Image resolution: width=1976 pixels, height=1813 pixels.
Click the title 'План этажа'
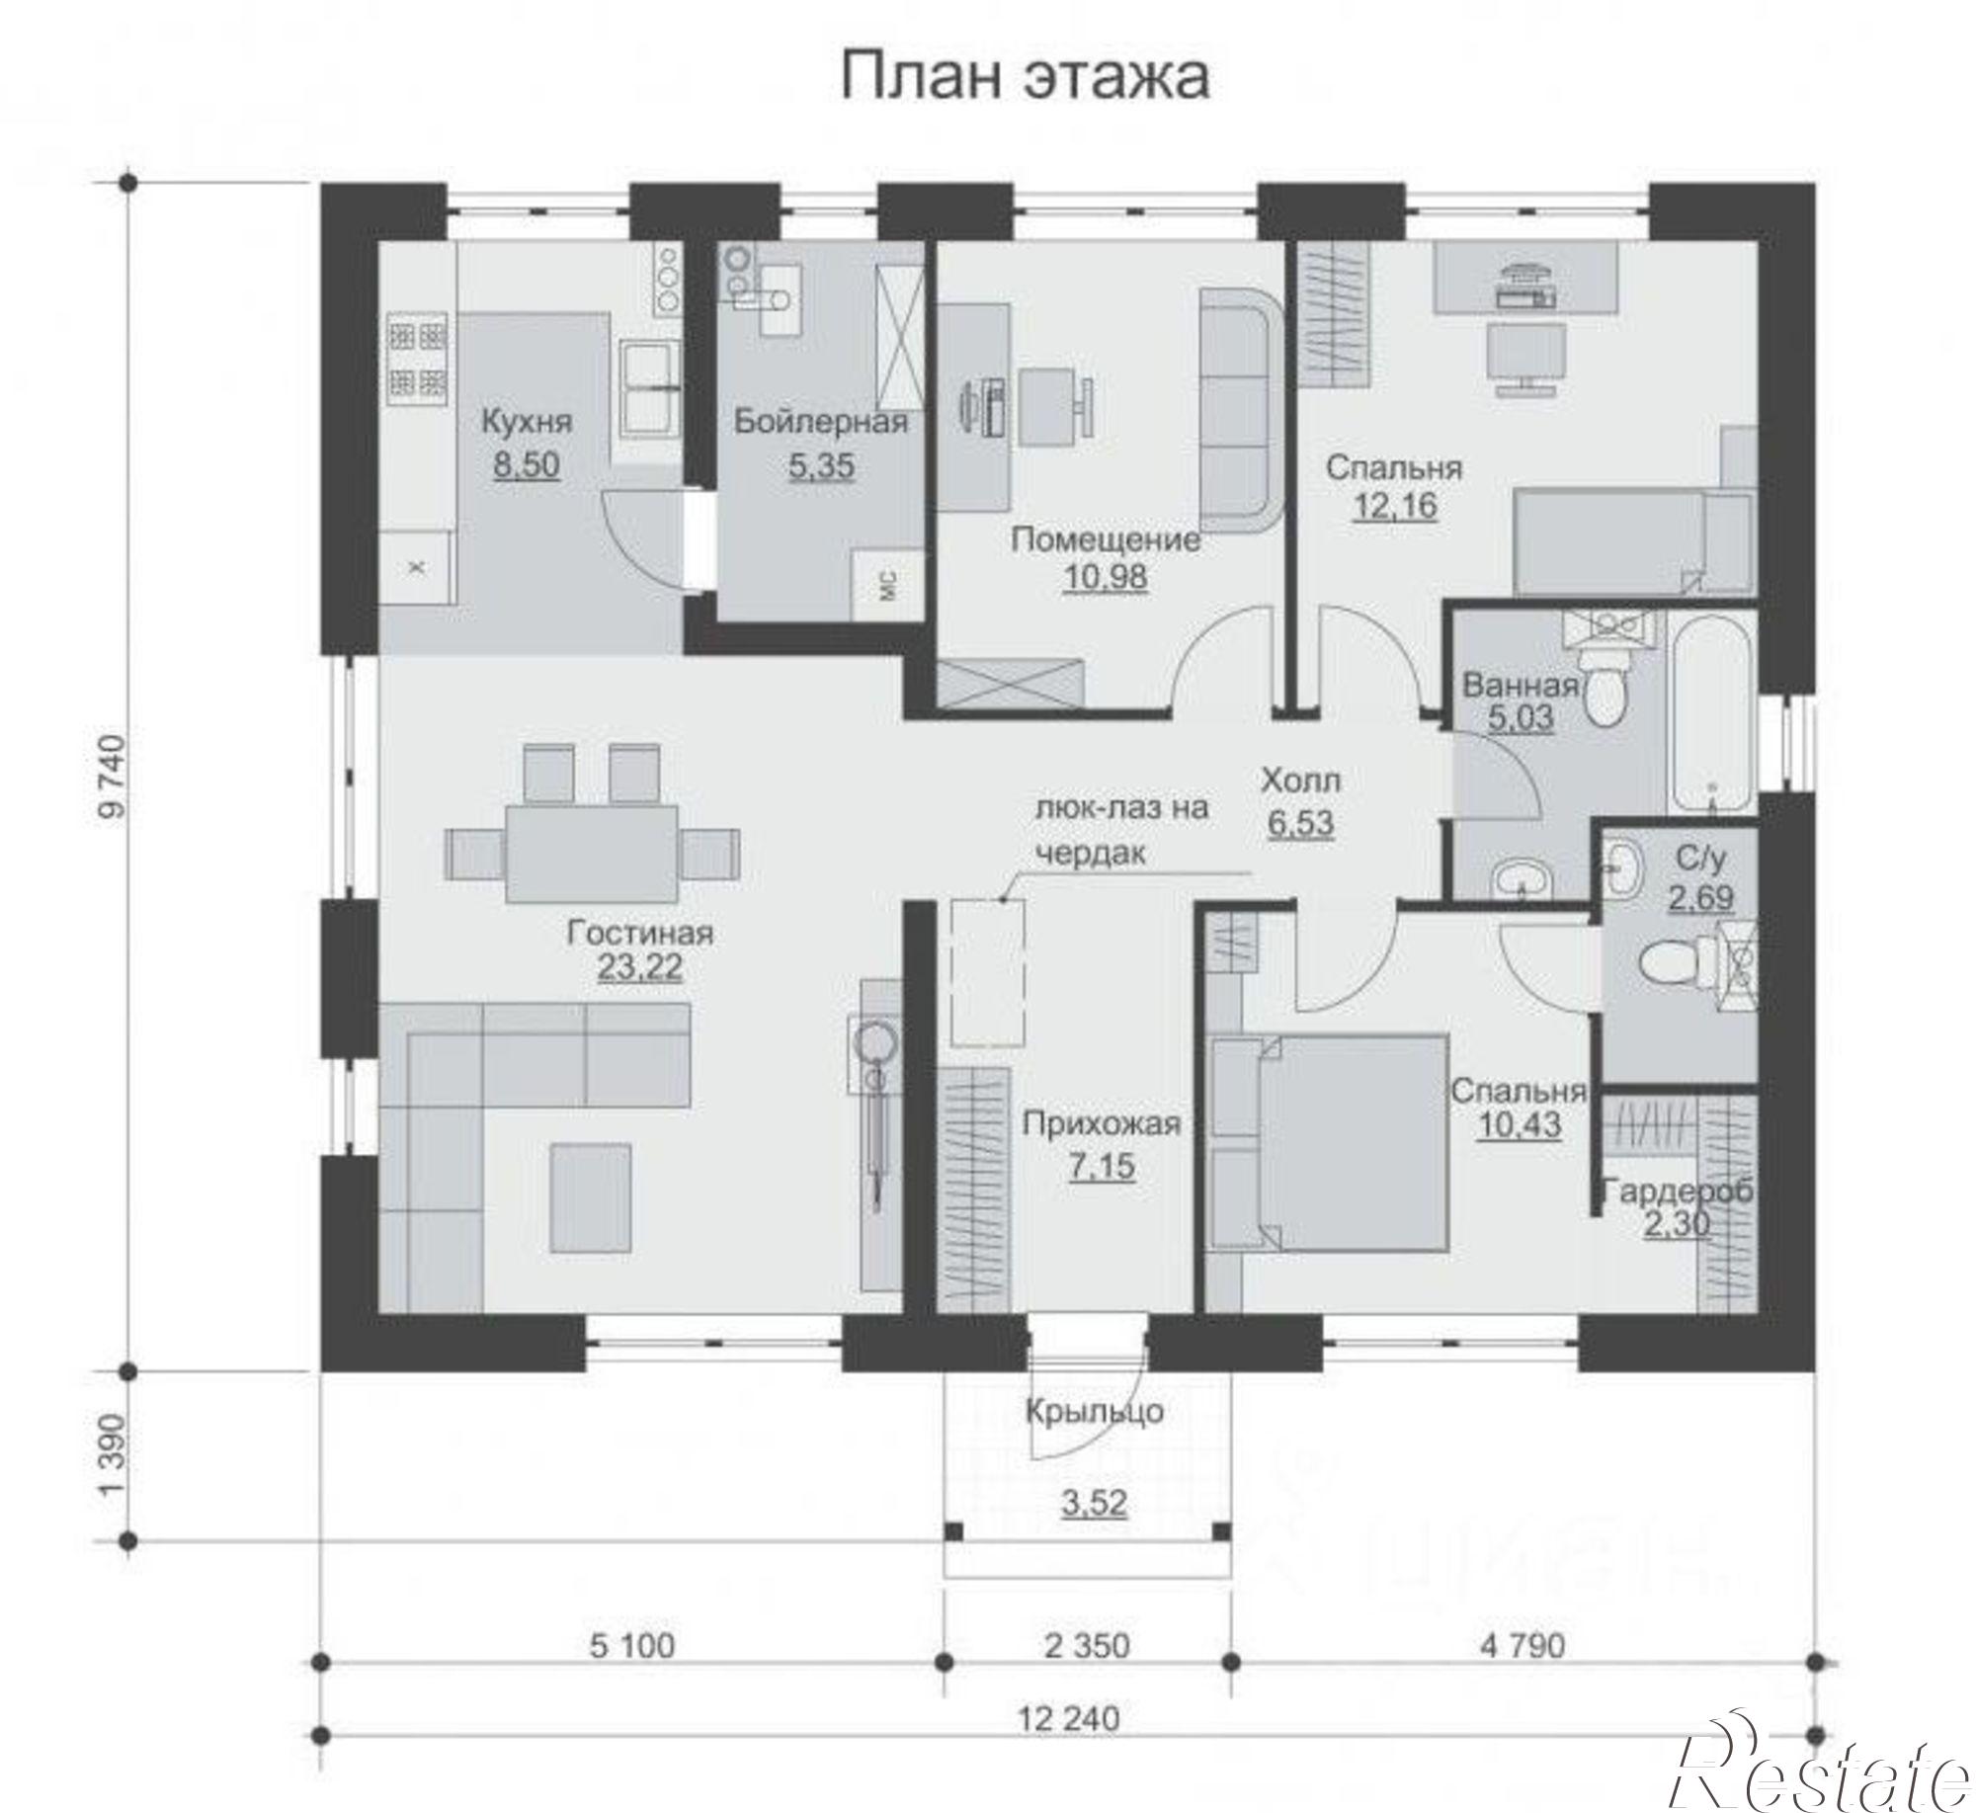click(1025, 77)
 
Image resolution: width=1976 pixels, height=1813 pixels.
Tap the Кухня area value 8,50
click(527, 464)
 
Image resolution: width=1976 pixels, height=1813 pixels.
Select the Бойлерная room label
click(820, 423)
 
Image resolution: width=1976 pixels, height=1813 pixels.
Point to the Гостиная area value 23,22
click(639, 966)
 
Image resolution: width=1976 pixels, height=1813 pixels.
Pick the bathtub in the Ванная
click(1711, 712)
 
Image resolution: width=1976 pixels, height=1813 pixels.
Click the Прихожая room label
click(1102, 1123)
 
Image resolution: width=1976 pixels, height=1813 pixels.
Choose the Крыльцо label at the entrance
click(1094, 1411)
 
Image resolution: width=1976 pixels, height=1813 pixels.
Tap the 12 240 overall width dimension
click(1070, 1718)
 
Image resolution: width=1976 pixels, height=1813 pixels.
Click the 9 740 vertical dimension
click(114, 776)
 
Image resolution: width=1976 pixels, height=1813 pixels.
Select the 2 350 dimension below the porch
click(1087, 1645)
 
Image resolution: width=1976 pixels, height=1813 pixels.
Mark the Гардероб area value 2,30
click(1676, 1224)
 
